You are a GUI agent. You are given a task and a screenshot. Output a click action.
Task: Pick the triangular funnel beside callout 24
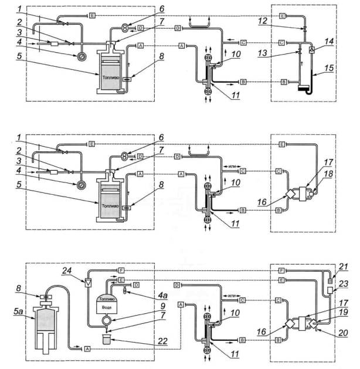(87, 282)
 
